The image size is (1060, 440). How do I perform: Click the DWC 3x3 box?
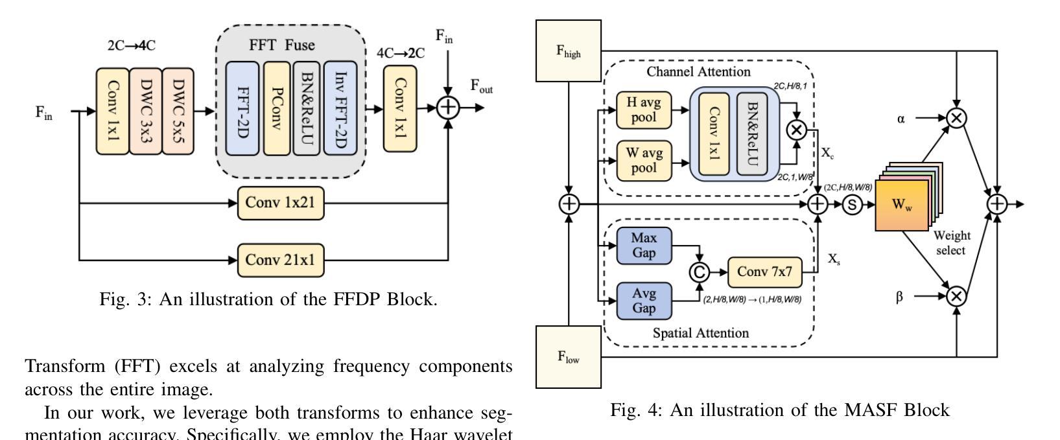pyautogui.click(x=145, y=111)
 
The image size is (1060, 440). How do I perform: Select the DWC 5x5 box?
pyautogui.click(x=178, y=111)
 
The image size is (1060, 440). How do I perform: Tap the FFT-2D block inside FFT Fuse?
pyautogui.click(x=242, y=109)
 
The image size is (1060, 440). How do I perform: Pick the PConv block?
pyautogui.click(x=276, y=109)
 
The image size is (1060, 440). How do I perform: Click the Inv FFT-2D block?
pyautogui.click(x=340, y=109)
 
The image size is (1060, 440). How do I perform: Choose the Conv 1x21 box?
pyautogui.click(x=280, y=203)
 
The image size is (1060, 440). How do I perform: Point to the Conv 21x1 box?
pyautogui.click(x=280, y=260)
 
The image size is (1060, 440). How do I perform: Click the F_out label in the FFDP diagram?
pyautogui.click(x=481, y=87)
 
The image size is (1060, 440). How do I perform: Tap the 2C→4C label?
pyautogui.click(x=132, y=46)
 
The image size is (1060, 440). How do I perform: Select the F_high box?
pyautogui.click(x=569, y=51)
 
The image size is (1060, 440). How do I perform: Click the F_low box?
pyautogui.click(x=569, y=356)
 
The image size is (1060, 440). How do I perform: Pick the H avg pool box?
pyautogui.click(x=643, y=110)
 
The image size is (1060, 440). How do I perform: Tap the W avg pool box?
pyautogui.click(x=643, y=160)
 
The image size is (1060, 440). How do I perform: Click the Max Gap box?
pyautogui.click(x=644, y=246)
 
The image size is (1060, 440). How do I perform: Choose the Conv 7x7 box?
pyautogui.click(x=765, y=272)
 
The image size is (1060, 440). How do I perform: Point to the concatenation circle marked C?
pyautogui.click(x=699, y=272)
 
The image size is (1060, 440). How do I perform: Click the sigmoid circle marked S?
pyautogui.click(x=852, y=205)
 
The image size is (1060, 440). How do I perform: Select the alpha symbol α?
pyautogui.click(x=901, y=119)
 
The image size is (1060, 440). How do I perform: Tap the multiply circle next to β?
pyautogui.click(x=956, y=296)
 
